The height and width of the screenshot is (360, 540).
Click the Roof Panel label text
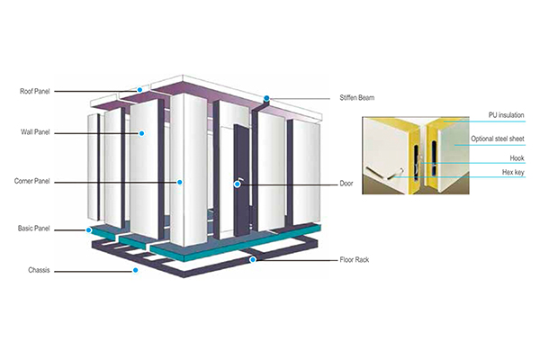(35, 91)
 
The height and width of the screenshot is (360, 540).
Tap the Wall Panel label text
(35, 132)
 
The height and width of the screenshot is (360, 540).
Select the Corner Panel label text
(32, 181)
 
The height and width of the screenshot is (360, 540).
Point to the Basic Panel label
(34, 229)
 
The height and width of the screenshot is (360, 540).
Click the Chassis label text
(39, 270)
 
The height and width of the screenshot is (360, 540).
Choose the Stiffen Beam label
(356, 97)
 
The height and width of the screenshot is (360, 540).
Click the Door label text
(346, 184)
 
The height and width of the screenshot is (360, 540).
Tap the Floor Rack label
(355, 259)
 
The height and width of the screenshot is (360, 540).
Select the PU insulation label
(506, 115)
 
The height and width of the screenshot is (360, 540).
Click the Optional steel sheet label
(498, 139)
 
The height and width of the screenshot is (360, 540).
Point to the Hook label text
(517, 158)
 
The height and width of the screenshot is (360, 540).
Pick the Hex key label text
(513, 172)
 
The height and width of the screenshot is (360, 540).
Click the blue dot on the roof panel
(139, 90)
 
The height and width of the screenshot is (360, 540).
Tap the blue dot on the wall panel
(141, 133)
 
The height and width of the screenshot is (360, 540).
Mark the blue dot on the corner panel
(179, 182)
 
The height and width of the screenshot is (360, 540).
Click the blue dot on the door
(238, 184)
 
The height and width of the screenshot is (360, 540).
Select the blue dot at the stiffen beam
(266, 98)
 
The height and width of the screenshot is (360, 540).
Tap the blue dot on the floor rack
(253, 259)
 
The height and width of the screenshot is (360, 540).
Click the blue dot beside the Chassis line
(135, 270)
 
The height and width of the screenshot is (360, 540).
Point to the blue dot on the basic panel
(89, 229)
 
